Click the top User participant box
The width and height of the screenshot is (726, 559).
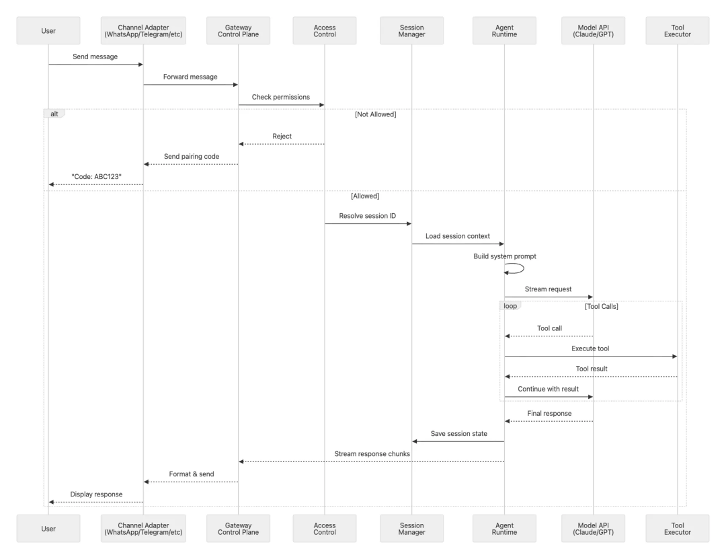48,31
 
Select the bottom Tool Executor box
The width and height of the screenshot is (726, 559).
677,529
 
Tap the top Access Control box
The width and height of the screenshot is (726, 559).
325,31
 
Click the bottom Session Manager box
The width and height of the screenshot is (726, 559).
411,529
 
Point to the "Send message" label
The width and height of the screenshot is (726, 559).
95,57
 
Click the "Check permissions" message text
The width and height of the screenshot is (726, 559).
281,97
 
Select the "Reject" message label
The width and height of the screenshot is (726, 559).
282,136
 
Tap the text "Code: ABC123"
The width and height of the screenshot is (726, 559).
95,176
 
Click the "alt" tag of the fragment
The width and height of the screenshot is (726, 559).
54,114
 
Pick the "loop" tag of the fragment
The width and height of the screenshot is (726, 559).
511,306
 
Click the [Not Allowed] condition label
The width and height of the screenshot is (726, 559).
375,114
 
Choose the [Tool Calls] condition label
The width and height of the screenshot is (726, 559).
601,306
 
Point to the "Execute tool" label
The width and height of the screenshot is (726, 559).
590,348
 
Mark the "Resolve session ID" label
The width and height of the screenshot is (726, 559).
368,215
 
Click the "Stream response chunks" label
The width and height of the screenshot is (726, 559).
371,453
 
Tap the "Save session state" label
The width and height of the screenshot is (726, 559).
458,433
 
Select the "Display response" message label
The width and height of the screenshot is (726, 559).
96,494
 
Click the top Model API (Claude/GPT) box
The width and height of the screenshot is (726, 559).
593,31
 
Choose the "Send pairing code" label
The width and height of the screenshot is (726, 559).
190,156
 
